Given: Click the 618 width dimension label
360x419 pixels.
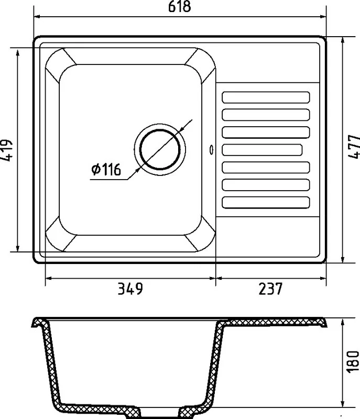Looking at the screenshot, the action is (180, 6).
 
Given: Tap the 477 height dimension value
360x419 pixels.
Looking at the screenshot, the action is (354, 147).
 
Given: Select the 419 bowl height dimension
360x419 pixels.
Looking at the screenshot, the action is (6, 150).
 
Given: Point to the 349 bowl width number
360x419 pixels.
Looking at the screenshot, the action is (130, 289).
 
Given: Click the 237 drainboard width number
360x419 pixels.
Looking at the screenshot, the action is (270, 289).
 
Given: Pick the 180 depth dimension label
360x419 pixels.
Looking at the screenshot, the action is (353, 361).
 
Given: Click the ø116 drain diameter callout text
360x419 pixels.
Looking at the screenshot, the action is (106, 169).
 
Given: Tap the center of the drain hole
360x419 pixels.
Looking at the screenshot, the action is (160, 150).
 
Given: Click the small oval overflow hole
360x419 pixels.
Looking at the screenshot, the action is (212, 150).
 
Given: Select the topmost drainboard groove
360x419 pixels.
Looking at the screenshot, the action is (266, 97).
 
